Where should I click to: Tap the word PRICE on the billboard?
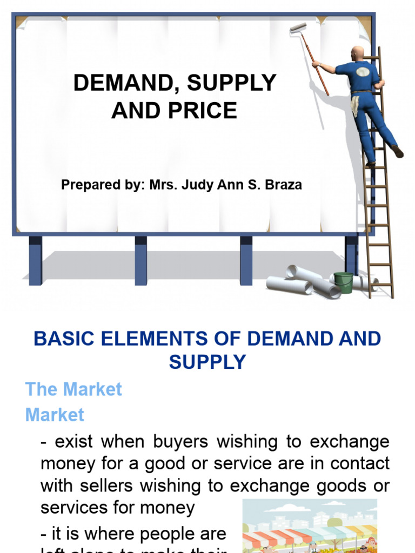coord(209,111)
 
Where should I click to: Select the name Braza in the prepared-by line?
coord(282,185)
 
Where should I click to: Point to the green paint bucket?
coord(343,282)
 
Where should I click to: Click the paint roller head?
coord(298,28)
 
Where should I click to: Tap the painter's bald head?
coord(357,53)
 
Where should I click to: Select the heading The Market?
coord(74,389)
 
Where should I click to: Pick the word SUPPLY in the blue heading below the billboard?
coord(207,362)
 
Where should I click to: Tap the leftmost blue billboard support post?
coord(36,260)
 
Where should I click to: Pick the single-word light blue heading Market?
coord(55,415)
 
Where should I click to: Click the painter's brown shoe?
coord(398,152)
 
